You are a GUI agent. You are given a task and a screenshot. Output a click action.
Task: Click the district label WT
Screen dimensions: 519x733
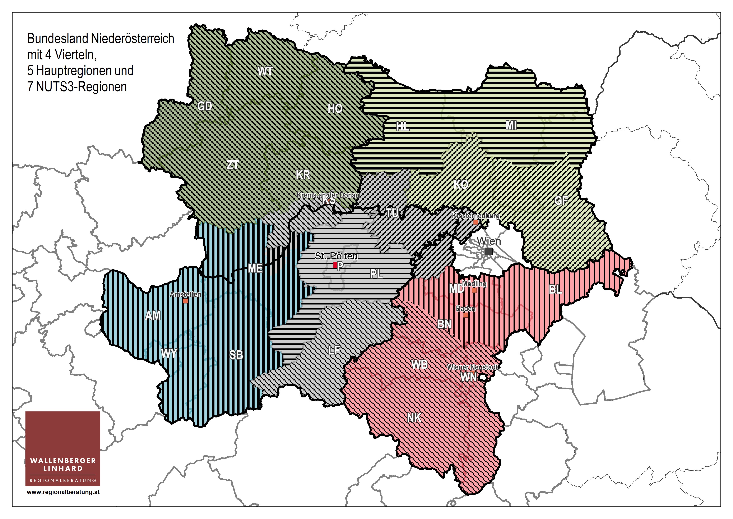point(265,71)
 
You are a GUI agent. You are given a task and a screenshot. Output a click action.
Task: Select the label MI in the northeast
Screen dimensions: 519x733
point(511,125)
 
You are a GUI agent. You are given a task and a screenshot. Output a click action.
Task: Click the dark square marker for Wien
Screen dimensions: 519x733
point(488,251)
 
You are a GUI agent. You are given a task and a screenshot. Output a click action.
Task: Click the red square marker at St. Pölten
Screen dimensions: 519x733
point(335,265)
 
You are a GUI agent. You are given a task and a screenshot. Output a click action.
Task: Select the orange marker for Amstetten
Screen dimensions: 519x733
point(185,301)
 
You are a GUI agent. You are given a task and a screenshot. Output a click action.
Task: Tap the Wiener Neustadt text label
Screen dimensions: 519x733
point(472,367)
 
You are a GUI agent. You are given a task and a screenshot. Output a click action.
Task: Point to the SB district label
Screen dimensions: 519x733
point(236,355)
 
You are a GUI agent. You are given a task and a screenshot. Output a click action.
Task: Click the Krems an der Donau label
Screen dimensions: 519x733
point(328,195)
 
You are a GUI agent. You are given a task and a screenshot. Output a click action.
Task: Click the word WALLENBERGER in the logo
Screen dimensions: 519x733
point(63,461)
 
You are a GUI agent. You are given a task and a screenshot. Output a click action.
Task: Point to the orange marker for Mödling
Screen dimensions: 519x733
point(474,290)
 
